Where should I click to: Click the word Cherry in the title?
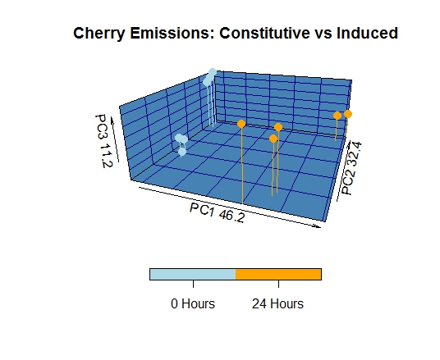pos(99,34)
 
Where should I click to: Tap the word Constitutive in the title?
pos(264,33)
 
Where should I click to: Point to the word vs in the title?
pos(323,34)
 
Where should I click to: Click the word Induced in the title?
pos(367,33)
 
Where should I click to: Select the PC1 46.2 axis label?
pos(218,213)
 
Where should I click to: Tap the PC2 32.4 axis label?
pos(351,168)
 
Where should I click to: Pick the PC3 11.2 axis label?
pos(103,141)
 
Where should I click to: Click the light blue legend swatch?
pos(192,274)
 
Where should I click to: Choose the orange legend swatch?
pos(278,274)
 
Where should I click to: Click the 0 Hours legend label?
pos(193,303)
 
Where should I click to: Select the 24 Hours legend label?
pos(277,303)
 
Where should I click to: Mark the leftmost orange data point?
pos(241,124)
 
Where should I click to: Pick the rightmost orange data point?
pos(348,114)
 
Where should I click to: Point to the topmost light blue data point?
pos(213,72)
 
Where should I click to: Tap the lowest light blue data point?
pos(182,152)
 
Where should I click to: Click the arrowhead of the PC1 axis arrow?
pos(319,226)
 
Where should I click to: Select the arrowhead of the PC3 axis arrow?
pos(112,120)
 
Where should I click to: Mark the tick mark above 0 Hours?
pos(193,284)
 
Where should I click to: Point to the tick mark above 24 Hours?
pos(278,284)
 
